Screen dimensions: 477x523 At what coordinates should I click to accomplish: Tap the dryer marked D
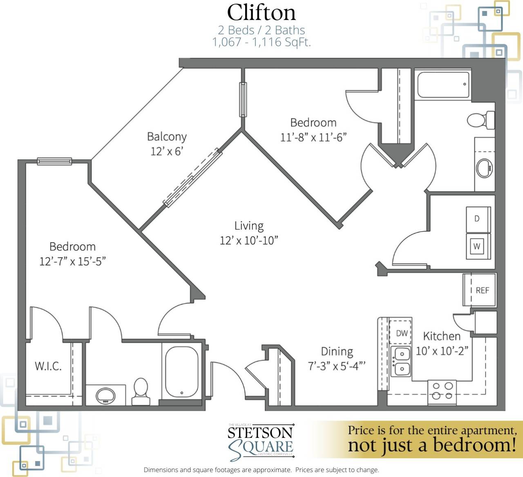(x=477, y=219)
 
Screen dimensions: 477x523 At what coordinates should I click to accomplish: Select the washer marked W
(x=477, y=246)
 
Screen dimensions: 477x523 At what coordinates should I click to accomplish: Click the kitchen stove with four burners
(x=442, y=391)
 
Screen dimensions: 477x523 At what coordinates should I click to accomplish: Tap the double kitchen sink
(x=401, y=361)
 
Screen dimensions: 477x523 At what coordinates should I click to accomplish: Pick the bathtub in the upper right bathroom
(x=443, y=85)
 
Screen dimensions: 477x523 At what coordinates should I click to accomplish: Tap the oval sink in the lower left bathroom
(x=106, y=395)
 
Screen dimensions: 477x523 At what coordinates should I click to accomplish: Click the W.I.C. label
(x=48, y=366)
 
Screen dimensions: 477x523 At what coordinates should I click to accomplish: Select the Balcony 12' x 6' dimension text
(x=167, y=152)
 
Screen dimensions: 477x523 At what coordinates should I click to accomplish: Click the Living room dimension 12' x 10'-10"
(x=249, y=241)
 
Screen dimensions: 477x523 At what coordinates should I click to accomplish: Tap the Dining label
(x=337, y=351)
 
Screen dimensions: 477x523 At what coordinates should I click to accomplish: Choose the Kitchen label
(x=442, y=336)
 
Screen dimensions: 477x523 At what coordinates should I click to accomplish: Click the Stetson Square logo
(x=261, y=442)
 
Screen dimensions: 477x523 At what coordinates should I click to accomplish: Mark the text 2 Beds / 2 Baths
(x=261, y=30)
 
